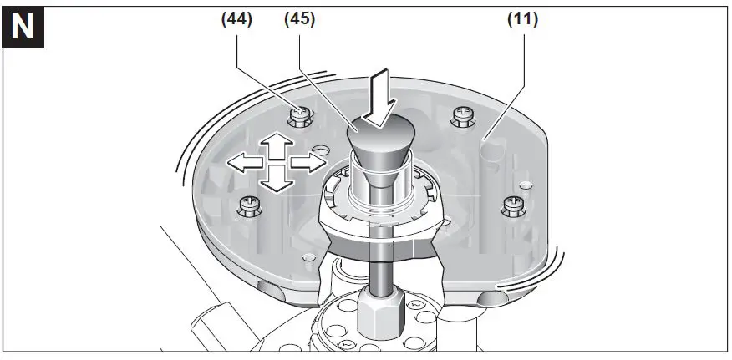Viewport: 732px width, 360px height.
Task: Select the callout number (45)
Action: (298, 18)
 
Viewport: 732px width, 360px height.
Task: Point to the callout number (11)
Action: (522, 18)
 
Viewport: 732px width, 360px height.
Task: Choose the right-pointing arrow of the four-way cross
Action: (305, 163)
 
